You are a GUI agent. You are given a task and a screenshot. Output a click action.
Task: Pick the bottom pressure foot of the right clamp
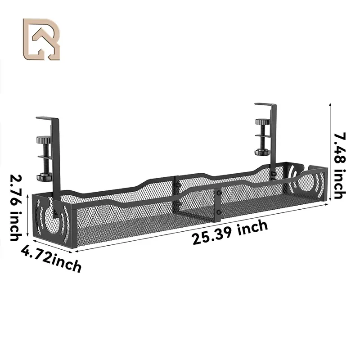coord(261,153)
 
